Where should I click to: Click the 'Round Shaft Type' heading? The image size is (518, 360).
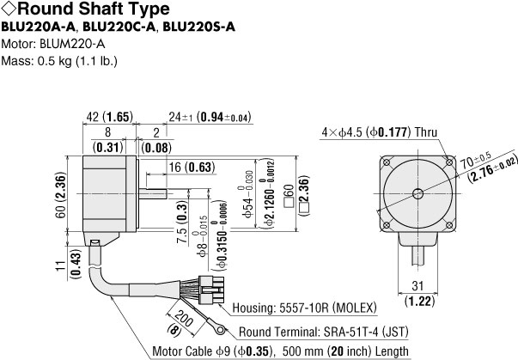[x=94, y=9]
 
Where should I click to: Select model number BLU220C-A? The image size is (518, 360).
[x=119, y=27]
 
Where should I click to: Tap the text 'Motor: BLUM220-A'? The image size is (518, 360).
[x=53, y=44]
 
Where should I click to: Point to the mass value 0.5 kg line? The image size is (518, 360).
[x=59, y=61]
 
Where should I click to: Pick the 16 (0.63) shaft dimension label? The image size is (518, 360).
[x=192, y=168]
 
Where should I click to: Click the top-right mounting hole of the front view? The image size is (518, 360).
[x=449, y=162]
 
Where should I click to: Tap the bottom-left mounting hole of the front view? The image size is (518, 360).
[x=387, y=226]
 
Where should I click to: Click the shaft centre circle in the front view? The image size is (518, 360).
[x=417, y=194]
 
